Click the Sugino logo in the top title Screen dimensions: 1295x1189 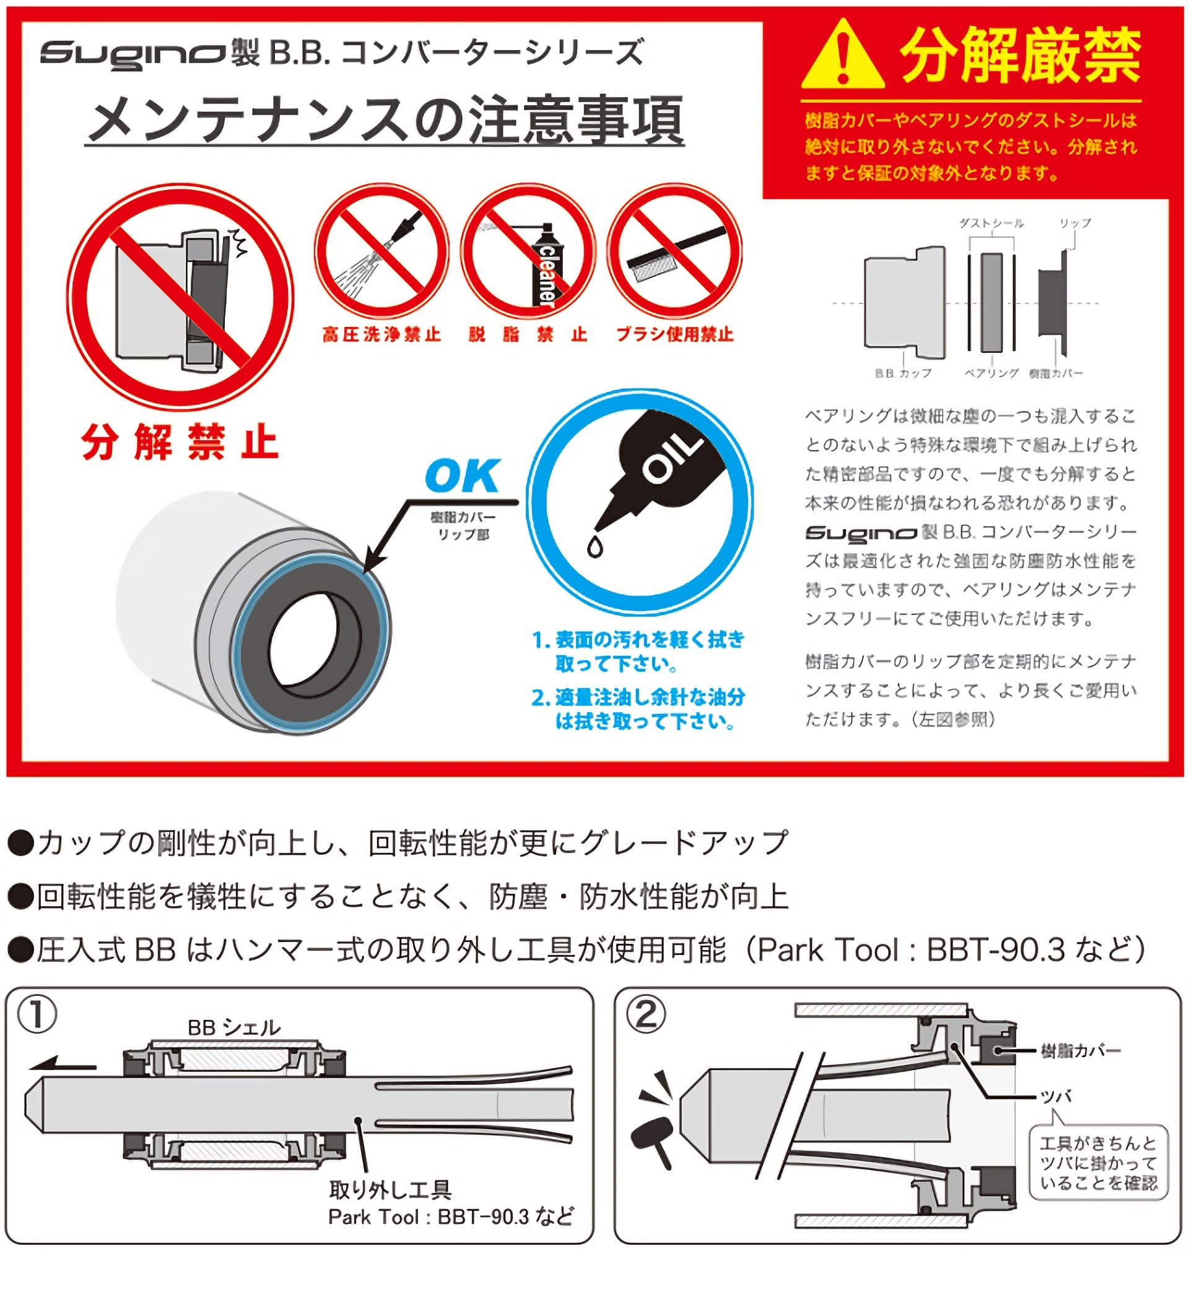click(132, 53)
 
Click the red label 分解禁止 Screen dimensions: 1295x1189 click(180, 443)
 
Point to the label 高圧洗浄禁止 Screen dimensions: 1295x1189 click(381, 334)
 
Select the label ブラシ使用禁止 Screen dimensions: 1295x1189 click(674, 334)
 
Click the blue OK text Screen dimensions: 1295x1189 click(462, 476)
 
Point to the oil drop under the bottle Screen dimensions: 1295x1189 click(594, 547)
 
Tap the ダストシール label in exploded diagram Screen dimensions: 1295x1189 click(991, 223)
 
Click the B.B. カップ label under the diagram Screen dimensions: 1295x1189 click(904, 373)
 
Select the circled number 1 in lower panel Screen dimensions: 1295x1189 click(37, 1015)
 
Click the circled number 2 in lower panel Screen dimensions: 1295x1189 click(645, 1015)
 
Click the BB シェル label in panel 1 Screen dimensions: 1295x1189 click(233, 1027)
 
